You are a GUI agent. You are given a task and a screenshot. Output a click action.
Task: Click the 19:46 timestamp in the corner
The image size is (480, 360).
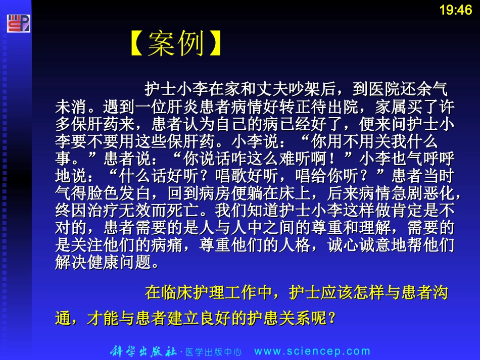pyautogui.click(x=456, y=10)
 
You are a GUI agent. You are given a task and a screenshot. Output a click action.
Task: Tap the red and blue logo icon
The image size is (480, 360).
pyautogui.click(x=18, y=24)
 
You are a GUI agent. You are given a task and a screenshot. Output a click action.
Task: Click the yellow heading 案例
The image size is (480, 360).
pyautogui.click(x=176, y=44)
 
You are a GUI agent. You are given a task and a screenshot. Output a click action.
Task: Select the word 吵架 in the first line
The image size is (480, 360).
pyautogui.click(x=308, y=90)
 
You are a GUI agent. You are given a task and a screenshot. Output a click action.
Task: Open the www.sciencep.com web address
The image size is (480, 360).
pyautogui.click(x=312, y=351)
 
